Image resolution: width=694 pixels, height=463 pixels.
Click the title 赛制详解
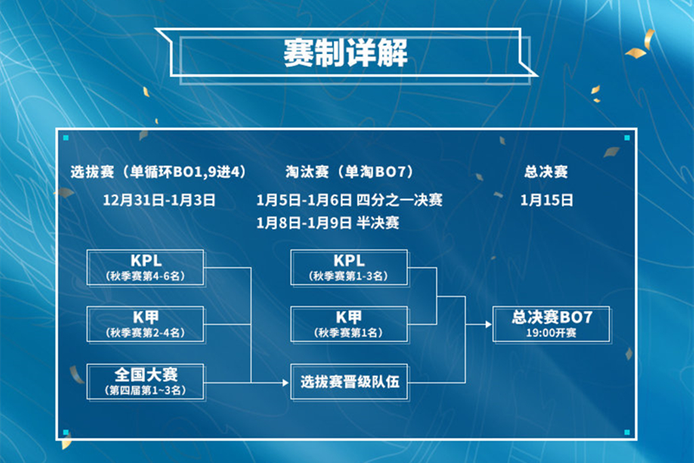[x=345, y=53]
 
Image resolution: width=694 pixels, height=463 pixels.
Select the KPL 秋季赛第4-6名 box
[x=146, y=267]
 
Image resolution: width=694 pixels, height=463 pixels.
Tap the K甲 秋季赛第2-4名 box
[x=146, y=325]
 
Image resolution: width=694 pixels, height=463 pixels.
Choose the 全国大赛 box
[x=146, y=382]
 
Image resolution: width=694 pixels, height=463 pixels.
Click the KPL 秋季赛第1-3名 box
[x=349, y=267]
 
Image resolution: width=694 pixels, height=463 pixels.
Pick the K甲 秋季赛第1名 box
[x=349, y=325]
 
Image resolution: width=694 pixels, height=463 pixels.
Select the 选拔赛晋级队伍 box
[x=349, y=382]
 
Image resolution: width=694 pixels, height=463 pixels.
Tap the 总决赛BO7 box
[x=552, y=325]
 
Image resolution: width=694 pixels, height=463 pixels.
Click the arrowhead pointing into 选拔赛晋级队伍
[x=285, y=382]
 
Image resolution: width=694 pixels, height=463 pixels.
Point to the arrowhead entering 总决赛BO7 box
[x=488, y=325]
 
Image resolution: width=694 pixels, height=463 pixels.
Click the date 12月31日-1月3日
[x=159, y=200]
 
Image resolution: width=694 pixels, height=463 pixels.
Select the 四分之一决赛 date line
[x=349, y=200]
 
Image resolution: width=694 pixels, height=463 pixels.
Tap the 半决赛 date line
[x=327, y=222]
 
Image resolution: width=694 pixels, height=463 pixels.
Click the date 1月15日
[x=546, y=200]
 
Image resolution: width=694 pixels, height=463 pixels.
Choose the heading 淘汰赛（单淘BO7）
[x=349, y=172]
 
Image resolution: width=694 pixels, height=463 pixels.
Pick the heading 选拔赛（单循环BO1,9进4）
[x=159, y=172]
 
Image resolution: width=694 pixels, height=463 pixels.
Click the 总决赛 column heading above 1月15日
[x=546, y=172]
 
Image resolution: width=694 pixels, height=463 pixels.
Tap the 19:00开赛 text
[x=551, y=333]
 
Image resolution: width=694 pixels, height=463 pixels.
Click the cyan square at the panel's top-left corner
[x=66, y=138]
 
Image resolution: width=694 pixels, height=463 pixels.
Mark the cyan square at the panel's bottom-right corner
[x=627, y=432]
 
